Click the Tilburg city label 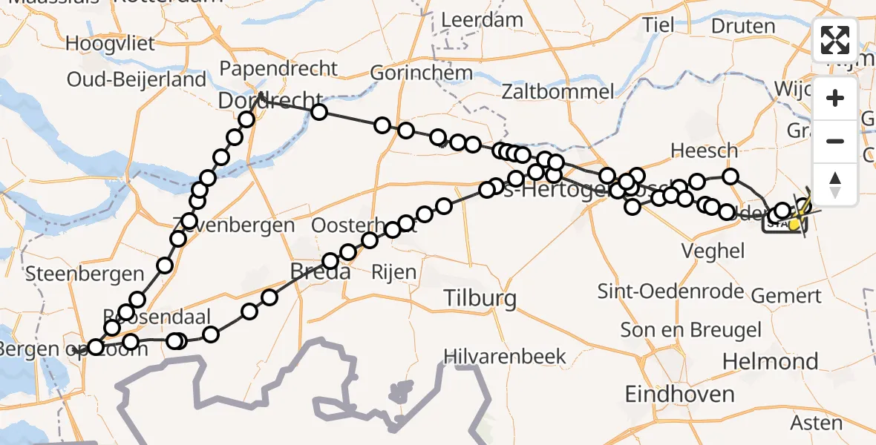[x=480, y=299]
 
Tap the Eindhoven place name [x=680, y=394]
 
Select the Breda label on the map [x=320, y=272]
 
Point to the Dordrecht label [x=270, y=99]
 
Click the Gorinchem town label [x=421, y=73]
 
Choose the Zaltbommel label [x=558, y=92]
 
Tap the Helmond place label [x=770, y=361]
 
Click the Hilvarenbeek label [x=505, y=356]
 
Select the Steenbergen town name [x=73, y=274]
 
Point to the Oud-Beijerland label [x=137, y=79]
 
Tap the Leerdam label [x=483, y=20]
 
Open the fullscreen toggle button [x=835, y=40]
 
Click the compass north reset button [x=835, y=183]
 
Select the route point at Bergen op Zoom [x=96, y=346]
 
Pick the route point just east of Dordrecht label [x=319, y=112]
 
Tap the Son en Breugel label [x=681, y=330]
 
